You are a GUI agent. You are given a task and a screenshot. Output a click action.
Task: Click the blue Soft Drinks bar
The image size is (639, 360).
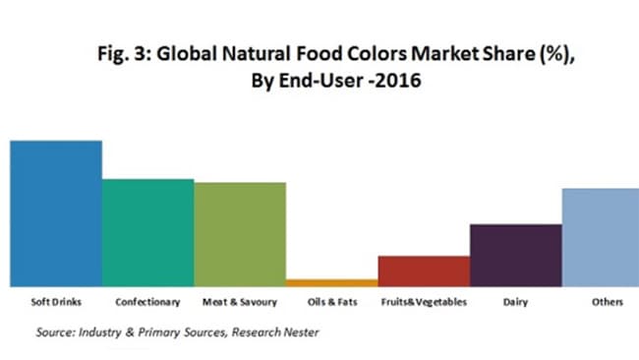pyautogui.click(x=56, y=212)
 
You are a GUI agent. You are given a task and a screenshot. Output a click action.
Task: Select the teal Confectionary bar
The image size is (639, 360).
pyautogui.click(x=147, y=232)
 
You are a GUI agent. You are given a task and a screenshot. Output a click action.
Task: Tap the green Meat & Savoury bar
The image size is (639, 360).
pyautogui.click(x=239, y=234)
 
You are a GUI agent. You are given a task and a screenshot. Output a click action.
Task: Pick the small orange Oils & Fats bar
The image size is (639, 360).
pyautogui.click(x=331, y=282)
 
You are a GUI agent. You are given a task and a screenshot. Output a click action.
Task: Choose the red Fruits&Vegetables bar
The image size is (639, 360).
pyautogui.click(x=424, y=270)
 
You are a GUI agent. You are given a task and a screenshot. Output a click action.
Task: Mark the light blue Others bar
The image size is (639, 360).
pyautogui.click(x=600, y=237)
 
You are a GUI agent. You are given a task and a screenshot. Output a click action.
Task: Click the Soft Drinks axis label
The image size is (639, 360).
pyautogui.click(x=56, y=303)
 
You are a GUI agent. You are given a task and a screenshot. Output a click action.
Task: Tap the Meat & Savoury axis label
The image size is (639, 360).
pyautogui.click(x=239, y=303)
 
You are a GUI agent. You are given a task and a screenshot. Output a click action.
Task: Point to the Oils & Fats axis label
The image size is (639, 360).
pyautogui.click(x=331, y=303)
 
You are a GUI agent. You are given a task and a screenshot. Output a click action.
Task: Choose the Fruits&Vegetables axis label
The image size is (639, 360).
pyautogui.click(x=424, y=303)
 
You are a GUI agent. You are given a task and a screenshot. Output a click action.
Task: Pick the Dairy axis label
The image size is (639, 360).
pyautogui.click(x=515, y=303)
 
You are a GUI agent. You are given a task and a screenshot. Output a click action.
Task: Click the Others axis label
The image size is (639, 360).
pyautogui.click(x=608, y=303)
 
